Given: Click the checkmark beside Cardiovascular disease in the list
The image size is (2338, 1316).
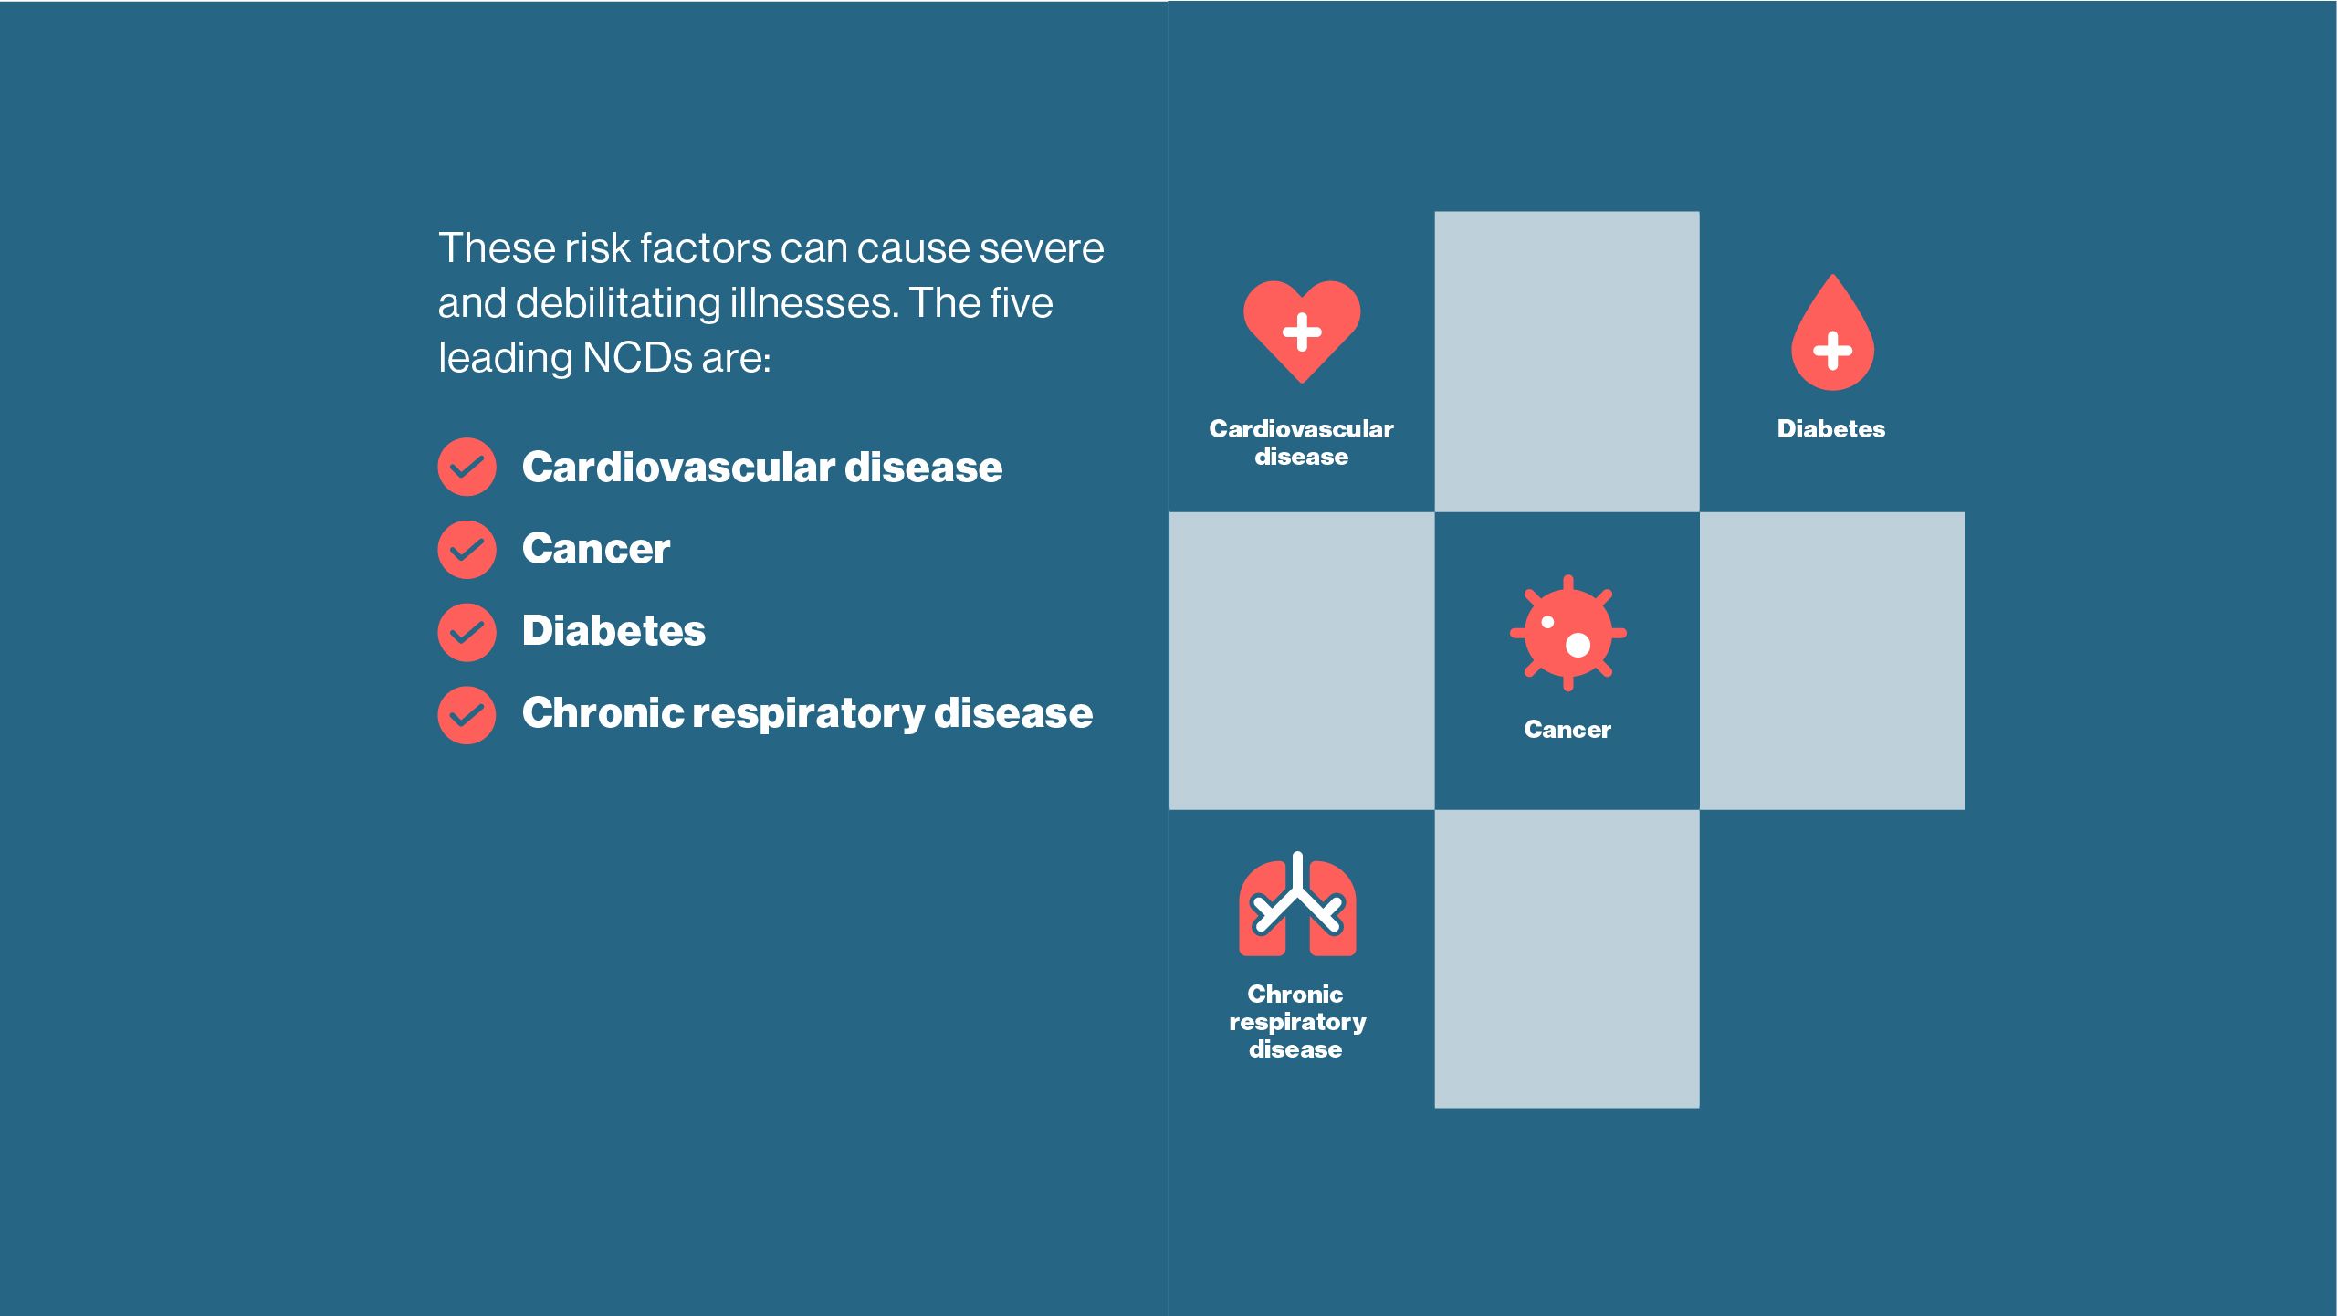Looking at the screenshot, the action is pos(467,467).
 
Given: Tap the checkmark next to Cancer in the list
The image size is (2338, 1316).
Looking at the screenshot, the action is pos(467,550).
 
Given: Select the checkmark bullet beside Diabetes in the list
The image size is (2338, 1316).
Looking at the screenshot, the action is pos(467,632).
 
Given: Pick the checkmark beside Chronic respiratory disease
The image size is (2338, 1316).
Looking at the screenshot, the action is pos(467,715).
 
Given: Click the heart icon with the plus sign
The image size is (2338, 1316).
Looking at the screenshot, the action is pos(1302,331).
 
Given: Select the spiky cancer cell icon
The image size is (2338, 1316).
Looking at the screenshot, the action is pos(1568,633).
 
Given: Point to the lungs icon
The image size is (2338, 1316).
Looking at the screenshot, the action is pos(1297,905).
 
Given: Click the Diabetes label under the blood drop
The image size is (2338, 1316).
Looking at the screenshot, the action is pos(1831,429).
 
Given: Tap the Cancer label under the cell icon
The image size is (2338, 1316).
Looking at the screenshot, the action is pos(1567,730).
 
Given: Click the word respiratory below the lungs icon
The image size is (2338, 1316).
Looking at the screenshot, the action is pos(1297,1023).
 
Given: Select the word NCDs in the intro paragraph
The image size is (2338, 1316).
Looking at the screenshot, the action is pos(637,358).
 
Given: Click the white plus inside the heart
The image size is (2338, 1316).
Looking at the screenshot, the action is pos(1302,332).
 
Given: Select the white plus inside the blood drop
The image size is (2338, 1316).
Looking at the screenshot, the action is pos(1832,351).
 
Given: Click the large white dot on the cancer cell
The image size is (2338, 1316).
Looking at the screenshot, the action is pos(1578,646).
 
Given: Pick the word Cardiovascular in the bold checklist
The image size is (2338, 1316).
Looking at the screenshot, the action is pos(678,468).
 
